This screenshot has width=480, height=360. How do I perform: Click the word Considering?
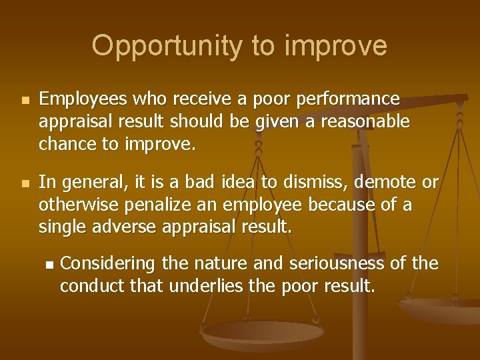[107, 264]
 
